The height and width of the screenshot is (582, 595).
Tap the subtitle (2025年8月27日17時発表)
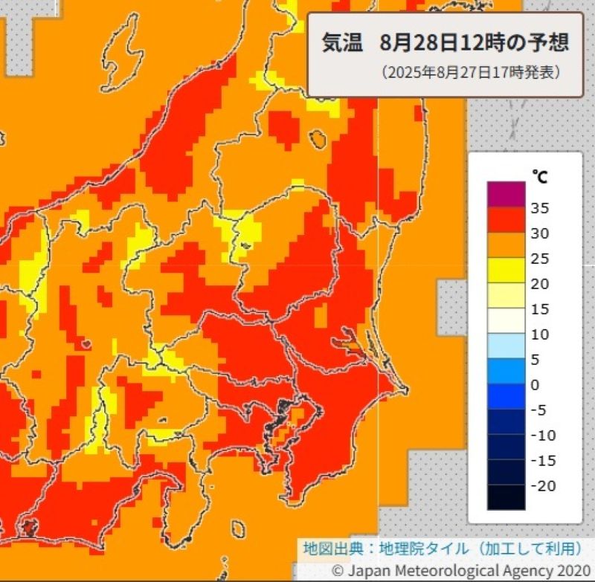pyautogui.click(x=470, y=73)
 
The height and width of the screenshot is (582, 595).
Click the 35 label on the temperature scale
pyautogui.click(x=540, y=208)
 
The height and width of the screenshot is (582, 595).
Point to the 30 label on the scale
pyautogui.click(x=540, y=233)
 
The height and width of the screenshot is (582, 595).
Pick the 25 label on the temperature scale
pyautogui.click(x=540, y=259)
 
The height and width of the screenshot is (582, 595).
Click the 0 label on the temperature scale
pyautogui.click(x=535, y=384)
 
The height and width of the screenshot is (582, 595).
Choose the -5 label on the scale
pyautogui.click(x=540, y=410)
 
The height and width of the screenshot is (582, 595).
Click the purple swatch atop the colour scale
pyautogui.click(x=506, y=194)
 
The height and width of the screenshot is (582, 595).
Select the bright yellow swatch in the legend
pyautogui.click(x=506, y=270)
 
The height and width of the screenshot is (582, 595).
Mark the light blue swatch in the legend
pyautogui.click(x=506, y=346)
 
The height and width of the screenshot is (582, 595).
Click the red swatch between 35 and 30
pyautogui.click(x=506, y=219)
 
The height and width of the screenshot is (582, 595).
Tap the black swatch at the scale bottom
pyautogui.click(x=506, y=497)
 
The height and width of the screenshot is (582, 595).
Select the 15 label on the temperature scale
pyautogui.click(x=540, y=309)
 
